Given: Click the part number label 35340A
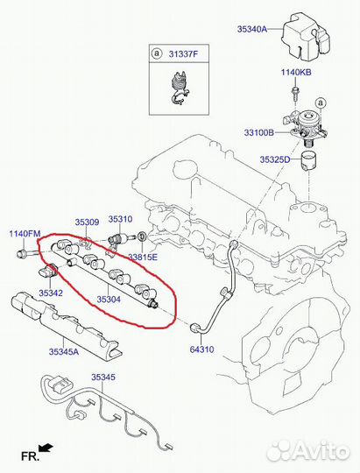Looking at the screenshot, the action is (252, 29).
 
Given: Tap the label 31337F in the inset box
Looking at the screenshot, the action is (183, 54).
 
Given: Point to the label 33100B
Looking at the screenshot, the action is (259, 132).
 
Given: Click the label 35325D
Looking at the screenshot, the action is (275, 159).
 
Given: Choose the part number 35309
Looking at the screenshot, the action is (87, 222).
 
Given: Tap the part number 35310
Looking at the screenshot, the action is (120, 219).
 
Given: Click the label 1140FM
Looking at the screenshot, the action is (25, 234).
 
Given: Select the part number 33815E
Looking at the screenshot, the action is (143, 258).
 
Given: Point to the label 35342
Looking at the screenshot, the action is (51, 293).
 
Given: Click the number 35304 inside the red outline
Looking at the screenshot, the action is (109, 300).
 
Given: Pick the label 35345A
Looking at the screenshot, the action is (64, 351).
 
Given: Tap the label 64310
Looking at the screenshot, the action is (201, 349).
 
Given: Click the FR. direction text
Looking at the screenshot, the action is (30, 456).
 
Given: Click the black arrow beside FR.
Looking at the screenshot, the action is (46, 448).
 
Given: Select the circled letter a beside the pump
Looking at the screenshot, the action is (321, 102).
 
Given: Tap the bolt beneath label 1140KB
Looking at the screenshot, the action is (294, 93).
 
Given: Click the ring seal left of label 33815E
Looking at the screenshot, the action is (142, 237).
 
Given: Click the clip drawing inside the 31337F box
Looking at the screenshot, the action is (179, 88).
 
